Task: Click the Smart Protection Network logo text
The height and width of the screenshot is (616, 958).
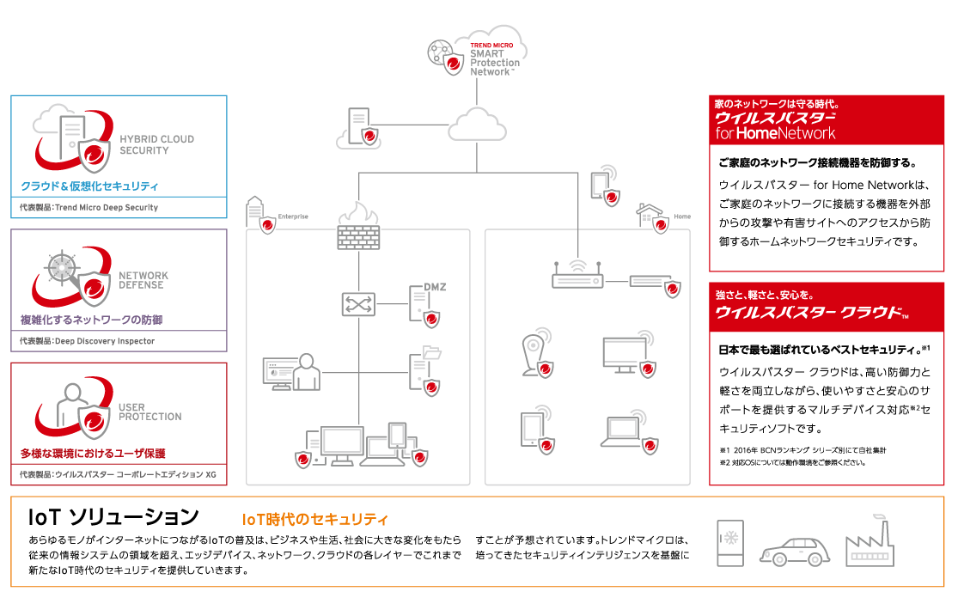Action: pyautogui.click(x=494, y=58)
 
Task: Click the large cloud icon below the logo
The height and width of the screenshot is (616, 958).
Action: pyautogui.click(x=477, y=125)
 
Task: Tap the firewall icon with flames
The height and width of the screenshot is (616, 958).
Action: pyautogui.click(x=358, y=228)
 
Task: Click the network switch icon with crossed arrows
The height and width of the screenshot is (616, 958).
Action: pyautogui.click(x=357, y=304)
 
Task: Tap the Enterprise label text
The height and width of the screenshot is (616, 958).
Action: pyautogui.click(x=293, y=217)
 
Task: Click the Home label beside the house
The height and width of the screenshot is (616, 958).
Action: pyautogui.click(x=682, y=217)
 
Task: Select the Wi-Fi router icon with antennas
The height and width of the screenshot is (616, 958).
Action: pyautogui.click(x=577, y=277)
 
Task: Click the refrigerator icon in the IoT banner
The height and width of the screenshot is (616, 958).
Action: pyautogui.click(x=731, y=543)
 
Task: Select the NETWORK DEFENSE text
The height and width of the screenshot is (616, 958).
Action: pyautogui.click(x=143, y=280)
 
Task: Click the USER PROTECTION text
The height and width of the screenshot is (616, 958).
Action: pyautogui.click(x=149, y=412)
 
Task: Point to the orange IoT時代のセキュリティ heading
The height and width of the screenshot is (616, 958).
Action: pyautogui.click(x=315, y=520)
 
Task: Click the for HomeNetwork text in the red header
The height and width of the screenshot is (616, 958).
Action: pyautogui.click(x=775, y=133)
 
